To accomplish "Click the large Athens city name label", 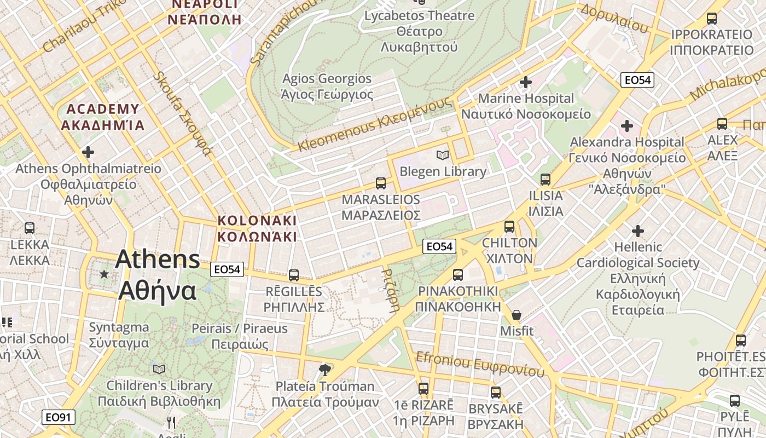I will [158, 275].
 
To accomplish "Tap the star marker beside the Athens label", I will [104, 273].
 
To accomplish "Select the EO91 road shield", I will [59, 417].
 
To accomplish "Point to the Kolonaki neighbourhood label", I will [257, 228].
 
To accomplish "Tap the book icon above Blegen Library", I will [443, 155].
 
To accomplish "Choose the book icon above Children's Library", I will [159, 369].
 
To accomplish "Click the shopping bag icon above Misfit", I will [516, 315].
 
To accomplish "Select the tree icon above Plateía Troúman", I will [325, 370].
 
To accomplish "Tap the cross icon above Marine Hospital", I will [526, 82].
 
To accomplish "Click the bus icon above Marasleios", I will [381, 183].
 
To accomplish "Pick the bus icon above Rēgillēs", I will [294, 275].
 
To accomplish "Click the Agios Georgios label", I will [327, 87].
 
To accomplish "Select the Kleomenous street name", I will [375, 124].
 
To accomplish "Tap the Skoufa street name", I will [182, 113].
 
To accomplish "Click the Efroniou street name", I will [480, 364].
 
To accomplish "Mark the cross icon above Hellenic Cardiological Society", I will [638, 230].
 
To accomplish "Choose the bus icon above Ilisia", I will [546, 179].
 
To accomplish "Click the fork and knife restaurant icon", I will [171, 422].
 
